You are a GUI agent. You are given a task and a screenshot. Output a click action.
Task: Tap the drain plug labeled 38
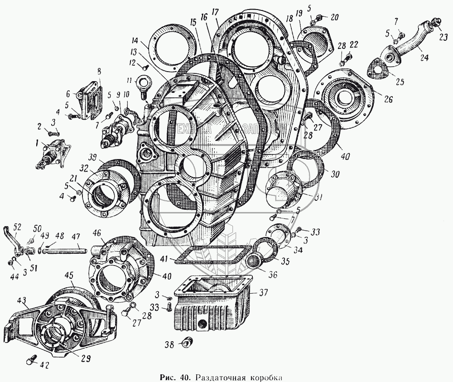coord(186,343)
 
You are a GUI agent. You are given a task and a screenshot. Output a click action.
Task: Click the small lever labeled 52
coord(17,241)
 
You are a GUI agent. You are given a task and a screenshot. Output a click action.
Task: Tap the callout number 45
coord(69,275)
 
